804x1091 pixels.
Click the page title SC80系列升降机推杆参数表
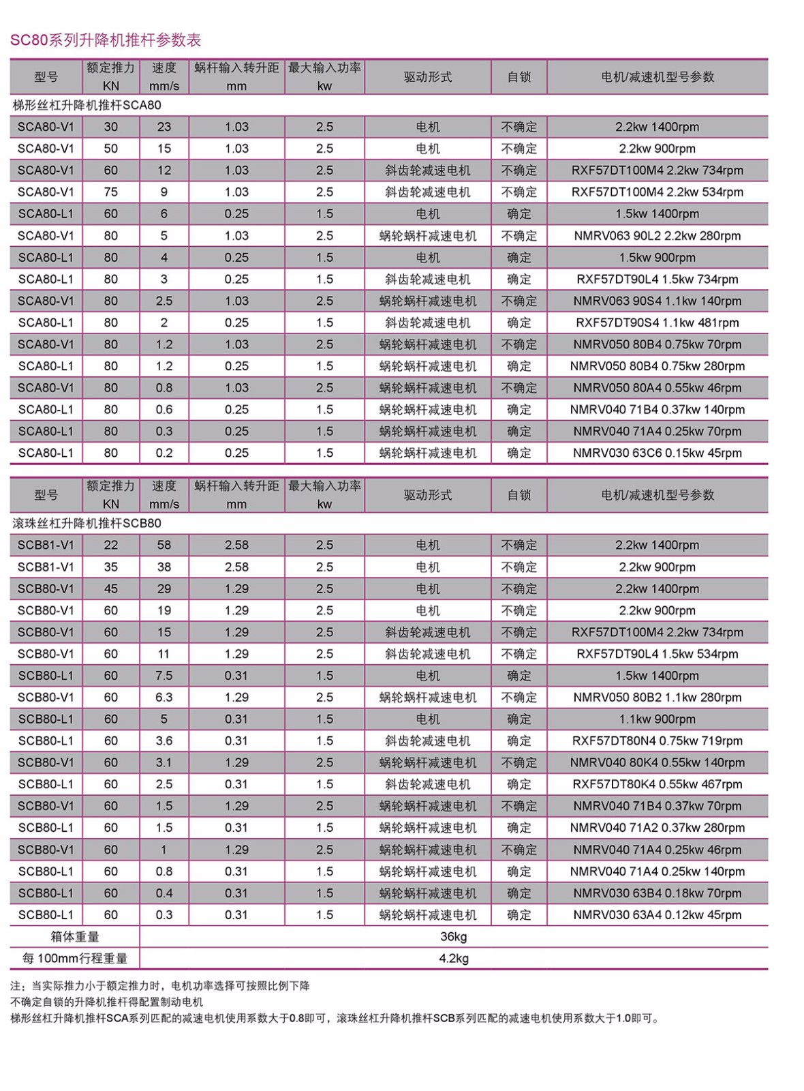tap(106, 40)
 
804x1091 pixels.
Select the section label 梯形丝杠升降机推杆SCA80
tap(87, 105)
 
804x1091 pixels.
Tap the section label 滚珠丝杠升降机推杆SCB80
tap(87, 523)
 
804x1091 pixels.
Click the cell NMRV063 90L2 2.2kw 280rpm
tap(657, 236)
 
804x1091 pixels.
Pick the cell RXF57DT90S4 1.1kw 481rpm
tap(657, 323)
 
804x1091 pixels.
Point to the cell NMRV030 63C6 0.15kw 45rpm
tap(657, 453)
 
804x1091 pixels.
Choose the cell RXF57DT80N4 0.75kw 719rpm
tap(657, 741)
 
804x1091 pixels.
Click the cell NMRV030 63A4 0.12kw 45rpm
tap(657, 914)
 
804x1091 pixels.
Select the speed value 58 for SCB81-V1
tap(164, 545)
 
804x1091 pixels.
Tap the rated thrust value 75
tap(110, 192)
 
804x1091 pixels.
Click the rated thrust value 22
tap(110, 545)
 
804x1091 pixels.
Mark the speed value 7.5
tap(164, 676)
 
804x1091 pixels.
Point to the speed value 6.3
tap(164, 698)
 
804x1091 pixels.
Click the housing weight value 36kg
tap(453, 936)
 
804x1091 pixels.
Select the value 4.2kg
tap(453, 958)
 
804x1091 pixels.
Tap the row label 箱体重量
tap(75, 936)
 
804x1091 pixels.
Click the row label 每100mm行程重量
tap(75, 958)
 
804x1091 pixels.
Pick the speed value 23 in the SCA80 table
tap(164, 127)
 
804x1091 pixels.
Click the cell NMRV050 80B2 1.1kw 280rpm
tap(657, 698)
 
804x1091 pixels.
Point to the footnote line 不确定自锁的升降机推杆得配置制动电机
tap(107, 1002)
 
